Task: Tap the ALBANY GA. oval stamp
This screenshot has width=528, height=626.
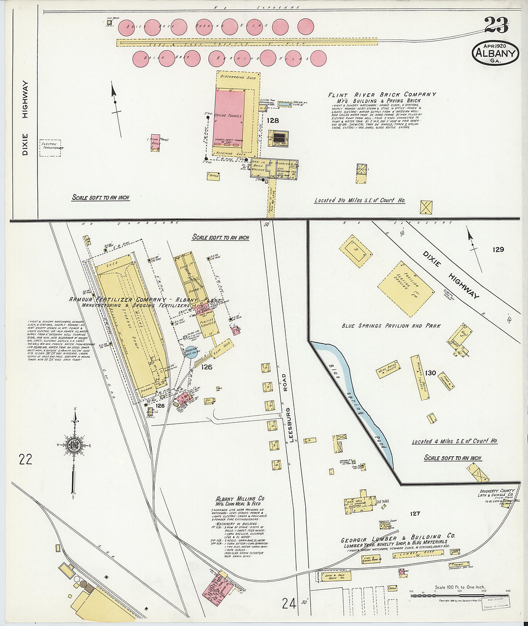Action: click(x=496, y=53)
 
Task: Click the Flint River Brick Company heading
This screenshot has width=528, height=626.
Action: click(x=382, y=94)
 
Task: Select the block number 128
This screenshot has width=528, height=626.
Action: click(x=273, y=120)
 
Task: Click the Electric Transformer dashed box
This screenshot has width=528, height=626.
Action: click(x=52, y=146)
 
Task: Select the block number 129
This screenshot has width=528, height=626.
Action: click(x=498, y=249)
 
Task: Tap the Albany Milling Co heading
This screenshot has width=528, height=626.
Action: click(x=240, y=499)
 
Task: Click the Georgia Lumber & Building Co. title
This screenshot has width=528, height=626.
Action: click(x=398, y=537)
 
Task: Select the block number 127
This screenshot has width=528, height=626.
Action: click(x=415, y=514)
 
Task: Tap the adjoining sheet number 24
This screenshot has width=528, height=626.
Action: click(x=288, y=603)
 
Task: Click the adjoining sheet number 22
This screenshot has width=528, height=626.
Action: click(x=25, y=460)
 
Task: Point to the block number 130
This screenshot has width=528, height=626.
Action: click(x=430, y=373)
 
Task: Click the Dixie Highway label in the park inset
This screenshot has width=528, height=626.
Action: click(x=451, y=275)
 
